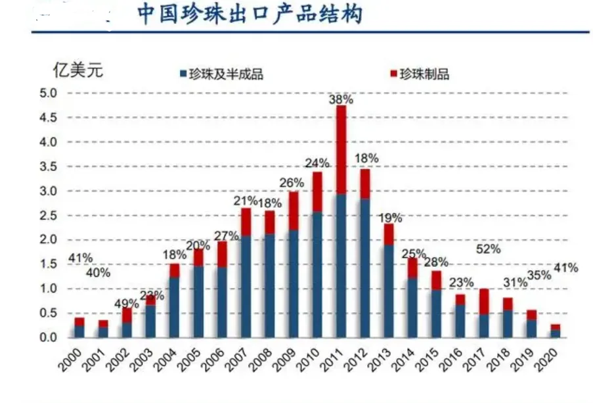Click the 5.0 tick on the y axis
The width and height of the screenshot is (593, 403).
pyautogui.click(x=50, y=93)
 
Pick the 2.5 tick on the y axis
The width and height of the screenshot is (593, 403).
pyautogui.click(x=50, y=216)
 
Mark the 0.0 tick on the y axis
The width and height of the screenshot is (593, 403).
pyautogui.click(x=50, y=338)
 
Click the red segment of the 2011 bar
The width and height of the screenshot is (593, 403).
pyautogui.click(x=341, y=150)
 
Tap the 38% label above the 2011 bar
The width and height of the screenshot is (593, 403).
pyautogui.click(x=341, y=100)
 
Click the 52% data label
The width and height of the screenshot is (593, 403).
pyautogui.click(x=487, y=250)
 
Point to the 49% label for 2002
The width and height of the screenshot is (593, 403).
pyautogui.click(x=126, y=304)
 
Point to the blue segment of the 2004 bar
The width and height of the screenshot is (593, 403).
pyautogui.click(x=174, y=308)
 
